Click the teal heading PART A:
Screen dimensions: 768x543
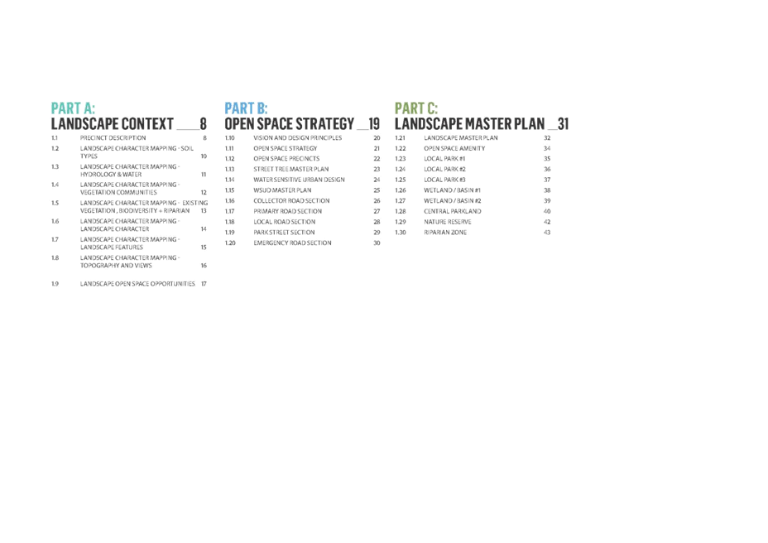73,108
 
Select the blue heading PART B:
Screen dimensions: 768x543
246,108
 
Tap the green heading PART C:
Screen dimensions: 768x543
416,108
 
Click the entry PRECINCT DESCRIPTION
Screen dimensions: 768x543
113,138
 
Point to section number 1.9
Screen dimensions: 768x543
55,284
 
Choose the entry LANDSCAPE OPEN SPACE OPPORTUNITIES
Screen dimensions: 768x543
137,284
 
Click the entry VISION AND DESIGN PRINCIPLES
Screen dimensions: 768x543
298,138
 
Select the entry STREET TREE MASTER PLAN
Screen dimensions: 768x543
291,169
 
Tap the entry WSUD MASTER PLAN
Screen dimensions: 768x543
282,190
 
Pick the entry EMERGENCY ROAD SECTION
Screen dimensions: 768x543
292,243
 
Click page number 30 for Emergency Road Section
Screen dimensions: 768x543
377,243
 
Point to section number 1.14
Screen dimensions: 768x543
230,180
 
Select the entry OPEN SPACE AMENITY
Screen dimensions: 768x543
454,148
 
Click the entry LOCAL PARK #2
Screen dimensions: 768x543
444,169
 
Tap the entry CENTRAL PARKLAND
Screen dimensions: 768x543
453,211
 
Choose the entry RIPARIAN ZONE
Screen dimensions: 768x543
445,233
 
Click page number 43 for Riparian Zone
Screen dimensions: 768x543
547,233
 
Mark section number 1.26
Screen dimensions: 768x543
401,190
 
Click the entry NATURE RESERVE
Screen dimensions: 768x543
448,222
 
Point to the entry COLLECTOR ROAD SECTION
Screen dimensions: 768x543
291,201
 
